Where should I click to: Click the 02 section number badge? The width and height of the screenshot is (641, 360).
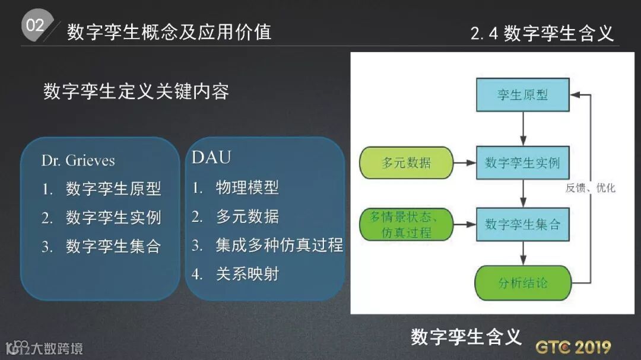[35, 26]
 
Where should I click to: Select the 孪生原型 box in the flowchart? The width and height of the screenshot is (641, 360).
[522, 95]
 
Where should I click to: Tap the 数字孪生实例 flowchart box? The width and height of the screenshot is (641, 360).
[522, 163]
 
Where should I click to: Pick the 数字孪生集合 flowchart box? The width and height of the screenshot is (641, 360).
[522, 224]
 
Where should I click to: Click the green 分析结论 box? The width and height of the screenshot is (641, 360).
[522, 283]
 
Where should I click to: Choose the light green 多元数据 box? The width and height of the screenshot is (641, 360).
[407, 163]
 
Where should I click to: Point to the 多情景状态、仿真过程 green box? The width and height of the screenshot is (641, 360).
[407, 224]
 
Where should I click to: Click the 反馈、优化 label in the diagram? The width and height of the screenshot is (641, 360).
[590, 188]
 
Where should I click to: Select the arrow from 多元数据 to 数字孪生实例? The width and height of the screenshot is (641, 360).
[465, 163]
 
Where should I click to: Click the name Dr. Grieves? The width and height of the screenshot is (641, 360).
[78, 161]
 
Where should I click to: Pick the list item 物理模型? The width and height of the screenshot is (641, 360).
[247, 188]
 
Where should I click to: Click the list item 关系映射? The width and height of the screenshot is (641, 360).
[247, 274]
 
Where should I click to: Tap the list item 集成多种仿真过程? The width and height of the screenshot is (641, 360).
[279, 245]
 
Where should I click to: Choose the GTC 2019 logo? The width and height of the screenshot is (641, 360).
[573, 346]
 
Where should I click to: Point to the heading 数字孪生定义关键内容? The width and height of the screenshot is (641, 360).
[136, 92]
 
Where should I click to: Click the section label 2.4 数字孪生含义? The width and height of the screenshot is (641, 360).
[542, 33]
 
